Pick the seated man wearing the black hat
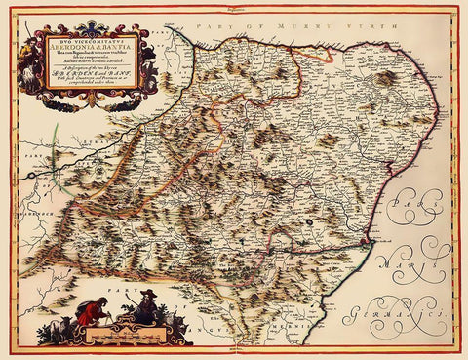point(143,310)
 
